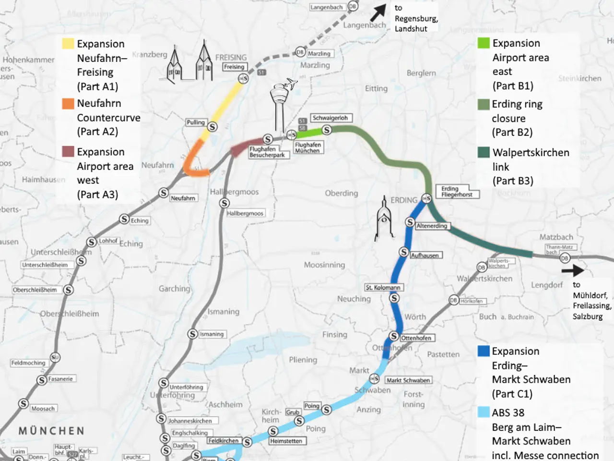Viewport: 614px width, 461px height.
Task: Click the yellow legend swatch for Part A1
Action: click(68, 44)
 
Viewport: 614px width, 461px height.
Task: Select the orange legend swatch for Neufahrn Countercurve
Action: click(68, 103)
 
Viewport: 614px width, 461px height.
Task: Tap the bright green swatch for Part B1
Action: click(484, 43)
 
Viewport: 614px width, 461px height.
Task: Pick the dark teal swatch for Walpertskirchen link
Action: click(484, 153)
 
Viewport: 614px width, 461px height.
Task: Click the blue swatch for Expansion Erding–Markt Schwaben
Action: click(484, 351)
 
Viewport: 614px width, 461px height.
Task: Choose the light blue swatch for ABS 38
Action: click(484, 412)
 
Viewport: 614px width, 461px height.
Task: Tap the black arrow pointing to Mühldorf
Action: click(572, 270)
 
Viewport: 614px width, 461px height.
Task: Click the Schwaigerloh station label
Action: click(331, 118)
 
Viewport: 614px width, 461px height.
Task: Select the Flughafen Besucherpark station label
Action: click(268, 152)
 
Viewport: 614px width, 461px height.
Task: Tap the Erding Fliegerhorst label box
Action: click(457, 192)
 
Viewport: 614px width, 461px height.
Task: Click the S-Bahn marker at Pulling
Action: click(212, 127)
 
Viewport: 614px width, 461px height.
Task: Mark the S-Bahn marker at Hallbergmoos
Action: click(224, 204)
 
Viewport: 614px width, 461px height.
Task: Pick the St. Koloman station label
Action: click(383, 288)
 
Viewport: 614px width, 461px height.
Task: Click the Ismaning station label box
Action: click(212, 334)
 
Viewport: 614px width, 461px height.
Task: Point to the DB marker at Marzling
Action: click(300, 52)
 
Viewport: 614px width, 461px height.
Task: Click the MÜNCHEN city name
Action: click(51, 431)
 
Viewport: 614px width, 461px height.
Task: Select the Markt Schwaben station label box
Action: click(408, 380)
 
